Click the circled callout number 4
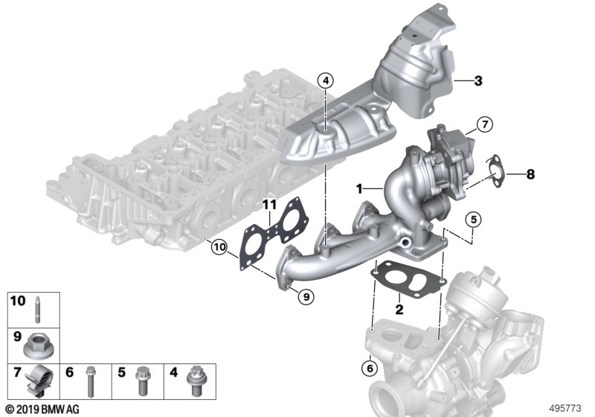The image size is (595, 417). (326, 80)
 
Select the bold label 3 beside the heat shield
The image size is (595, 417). (478, 81)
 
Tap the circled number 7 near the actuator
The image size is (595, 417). (485, 124)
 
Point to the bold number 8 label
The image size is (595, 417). (530, 174)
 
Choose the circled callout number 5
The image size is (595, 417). (473, 219)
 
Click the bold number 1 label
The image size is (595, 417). (359, 188)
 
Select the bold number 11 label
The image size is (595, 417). (270, 205)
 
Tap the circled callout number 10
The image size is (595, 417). (219, 248)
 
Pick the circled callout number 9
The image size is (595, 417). (306, 296)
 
